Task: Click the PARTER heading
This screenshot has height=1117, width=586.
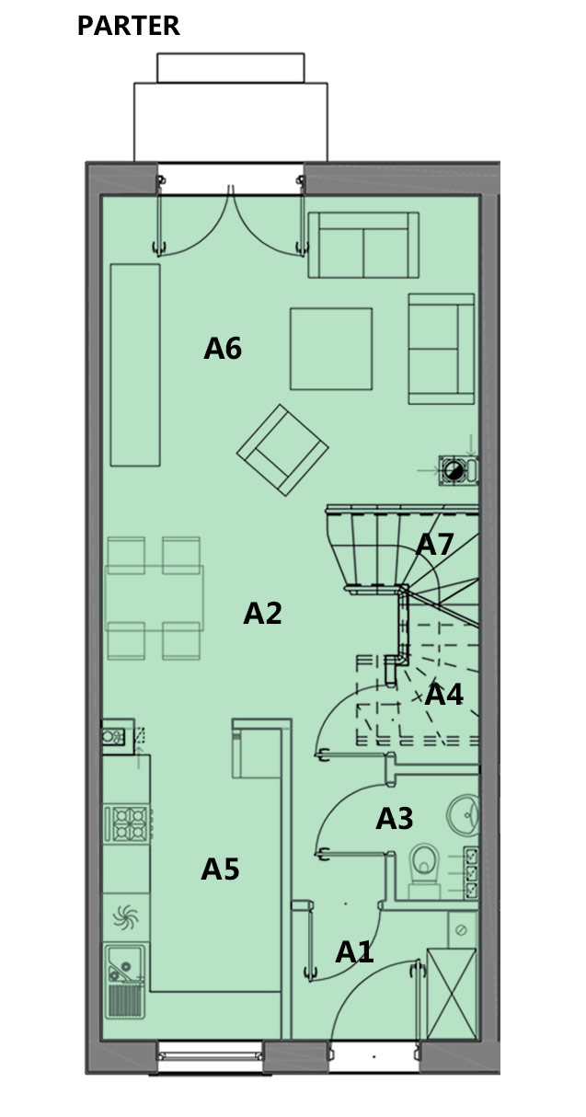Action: pyautogui.click(x=129, y=26)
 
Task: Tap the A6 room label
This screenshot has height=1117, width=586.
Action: pyautogui.click(x=223, y=349)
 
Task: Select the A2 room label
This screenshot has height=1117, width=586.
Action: pyautogui.click(x=262, y=613)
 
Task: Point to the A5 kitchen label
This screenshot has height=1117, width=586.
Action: pyautogui.click(x=220, y=869)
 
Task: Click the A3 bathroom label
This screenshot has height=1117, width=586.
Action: pyautogui.click(x=394, y=818)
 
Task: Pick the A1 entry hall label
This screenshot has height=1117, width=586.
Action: pyautogui.click(x=354, y=952)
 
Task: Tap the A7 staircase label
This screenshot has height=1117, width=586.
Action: pyautogui.click(x=434, y=544)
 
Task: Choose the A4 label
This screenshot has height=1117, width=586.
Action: pyautogui.click(x=443, y=694)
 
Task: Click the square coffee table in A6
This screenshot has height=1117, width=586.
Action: pyautogui.click(x=331, y=349)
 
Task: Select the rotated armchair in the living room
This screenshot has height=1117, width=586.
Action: pyautogui.click(x=282, y=450)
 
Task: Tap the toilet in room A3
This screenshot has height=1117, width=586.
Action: pyautogui.click(x=424, y=872)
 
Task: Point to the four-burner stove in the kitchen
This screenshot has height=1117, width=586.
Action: pyautogui.click(x=129, y=823)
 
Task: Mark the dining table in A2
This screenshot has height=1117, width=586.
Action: pyautogui.click(x=155, y=598)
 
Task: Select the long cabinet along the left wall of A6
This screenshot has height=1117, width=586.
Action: pyautogui.click(x=135, y=365)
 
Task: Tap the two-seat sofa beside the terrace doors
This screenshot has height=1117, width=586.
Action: pyautogui.click(x=363, y=245)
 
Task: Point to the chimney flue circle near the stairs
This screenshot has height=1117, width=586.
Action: pyautogui.click(x=454, y=470)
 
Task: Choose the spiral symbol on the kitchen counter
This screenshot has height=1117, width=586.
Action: pyautogui.click(x=125, y=917)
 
